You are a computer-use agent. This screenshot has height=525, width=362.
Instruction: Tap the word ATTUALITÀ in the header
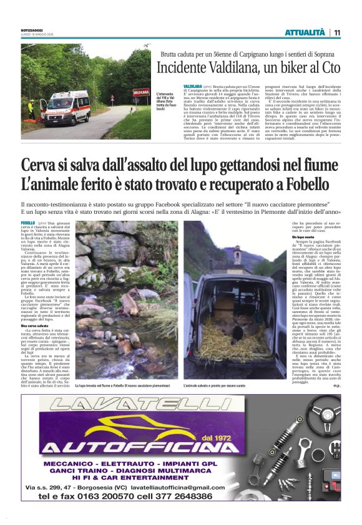[305, 32]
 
